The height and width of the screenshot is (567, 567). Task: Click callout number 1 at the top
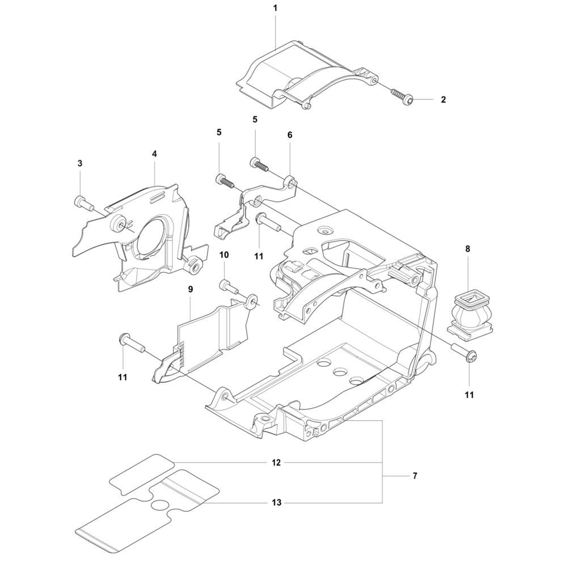tap(276, 9)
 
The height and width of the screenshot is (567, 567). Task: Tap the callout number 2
tap(443, 100)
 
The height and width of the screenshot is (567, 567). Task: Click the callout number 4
tap(154, 154)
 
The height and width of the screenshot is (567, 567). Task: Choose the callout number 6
tap(290, 136)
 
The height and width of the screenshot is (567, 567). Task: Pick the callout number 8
tap(468, 248)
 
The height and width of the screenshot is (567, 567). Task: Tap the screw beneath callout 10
tap(227, 285)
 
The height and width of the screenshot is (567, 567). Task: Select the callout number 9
tap(191, 289)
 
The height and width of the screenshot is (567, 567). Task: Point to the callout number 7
tap(414, 476)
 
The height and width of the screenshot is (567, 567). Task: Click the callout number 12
tap(276, 463)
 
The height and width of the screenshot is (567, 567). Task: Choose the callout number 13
tap(276, 502)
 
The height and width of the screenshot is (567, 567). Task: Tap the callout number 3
tap(80, 163)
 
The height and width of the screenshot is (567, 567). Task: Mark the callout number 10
tap(224, 255)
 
